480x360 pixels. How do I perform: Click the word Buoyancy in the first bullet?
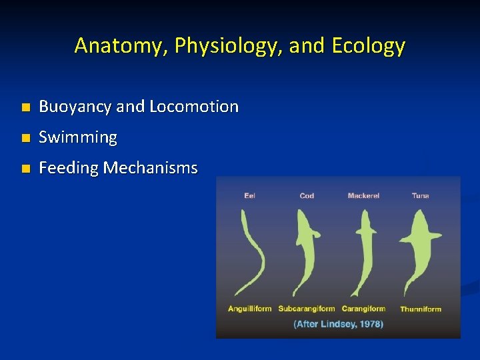[x=75, y=107]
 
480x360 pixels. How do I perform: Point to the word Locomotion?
[x=194, y=107]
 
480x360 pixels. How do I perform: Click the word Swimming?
[x=78, y=137]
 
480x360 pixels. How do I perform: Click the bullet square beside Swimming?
[x=25, y=138]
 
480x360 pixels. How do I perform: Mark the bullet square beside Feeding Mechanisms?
[x=25, y=169]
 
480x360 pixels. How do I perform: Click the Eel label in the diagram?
[x=249, y=195]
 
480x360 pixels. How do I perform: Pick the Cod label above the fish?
[x=307, y=195]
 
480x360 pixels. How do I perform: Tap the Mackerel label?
[x=363, y=195]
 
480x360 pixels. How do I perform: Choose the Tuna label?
[x=420, y=195]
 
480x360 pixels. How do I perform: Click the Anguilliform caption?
[x=249, y=309]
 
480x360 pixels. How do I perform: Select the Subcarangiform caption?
[x=307, y=309]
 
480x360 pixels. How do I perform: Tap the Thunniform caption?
[x=420, y=309]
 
